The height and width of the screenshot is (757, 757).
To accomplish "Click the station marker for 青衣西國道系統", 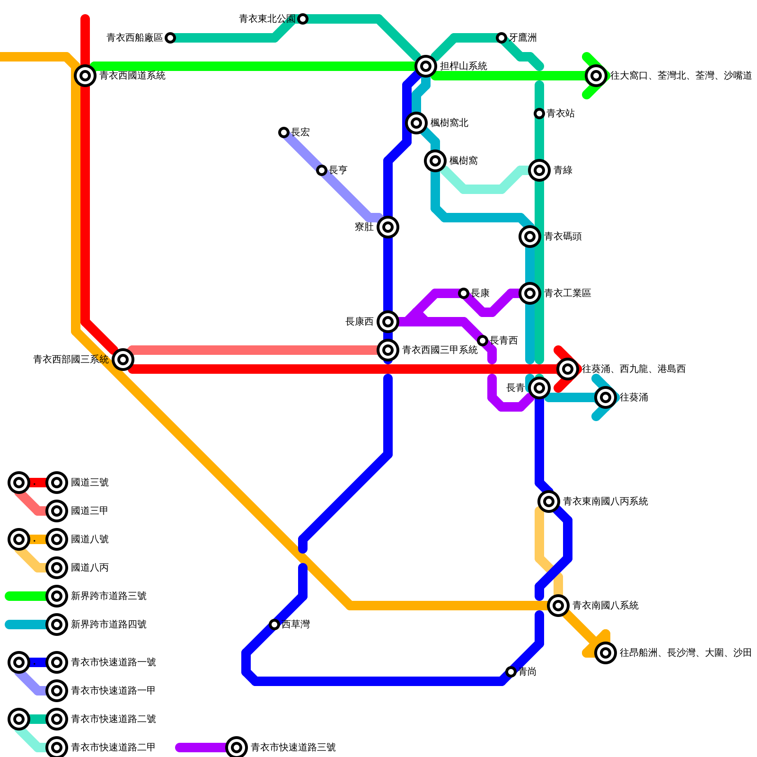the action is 85,75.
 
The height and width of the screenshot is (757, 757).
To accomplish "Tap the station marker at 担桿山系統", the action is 426,66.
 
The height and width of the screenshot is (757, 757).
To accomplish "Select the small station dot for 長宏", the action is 284,132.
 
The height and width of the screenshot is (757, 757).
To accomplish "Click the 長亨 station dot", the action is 322,170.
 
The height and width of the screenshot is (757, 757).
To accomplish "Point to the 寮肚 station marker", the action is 388,227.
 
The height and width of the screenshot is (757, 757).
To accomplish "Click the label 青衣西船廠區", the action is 135,38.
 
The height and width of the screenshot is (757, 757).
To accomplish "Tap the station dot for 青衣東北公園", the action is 303,19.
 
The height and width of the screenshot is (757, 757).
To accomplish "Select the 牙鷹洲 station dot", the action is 502,38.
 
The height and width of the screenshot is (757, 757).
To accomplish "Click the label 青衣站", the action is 561,114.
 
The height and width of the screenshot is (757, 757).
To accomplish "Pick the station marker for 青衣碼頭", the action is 530,237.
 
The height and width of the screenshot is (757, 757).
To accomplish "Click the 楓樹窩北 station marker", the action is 416,123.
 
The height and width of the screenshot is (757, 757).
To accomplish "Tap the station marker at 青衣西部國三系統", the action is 123,360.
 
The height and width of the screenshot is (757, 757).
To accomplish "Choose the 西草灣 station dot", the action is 274,625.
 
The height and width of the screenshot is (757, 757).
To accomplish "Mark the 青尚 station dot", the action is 511,672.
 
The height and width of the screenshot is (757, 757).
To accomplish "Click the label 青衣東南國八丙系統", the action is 605,502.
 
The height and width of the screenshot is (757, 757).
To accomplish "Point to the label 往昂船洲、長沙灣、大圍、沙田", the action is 686,653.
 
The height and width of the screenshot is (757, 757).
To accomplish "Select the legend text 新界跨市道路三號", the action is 108,596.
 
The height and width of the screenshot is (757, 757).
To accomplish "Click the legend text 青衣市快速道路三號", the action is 293,748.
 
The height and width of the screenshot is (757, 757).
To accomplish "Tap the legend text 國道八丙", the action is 89,568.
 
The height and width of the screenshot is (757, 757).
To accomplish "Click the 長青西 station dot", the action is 483,341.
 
